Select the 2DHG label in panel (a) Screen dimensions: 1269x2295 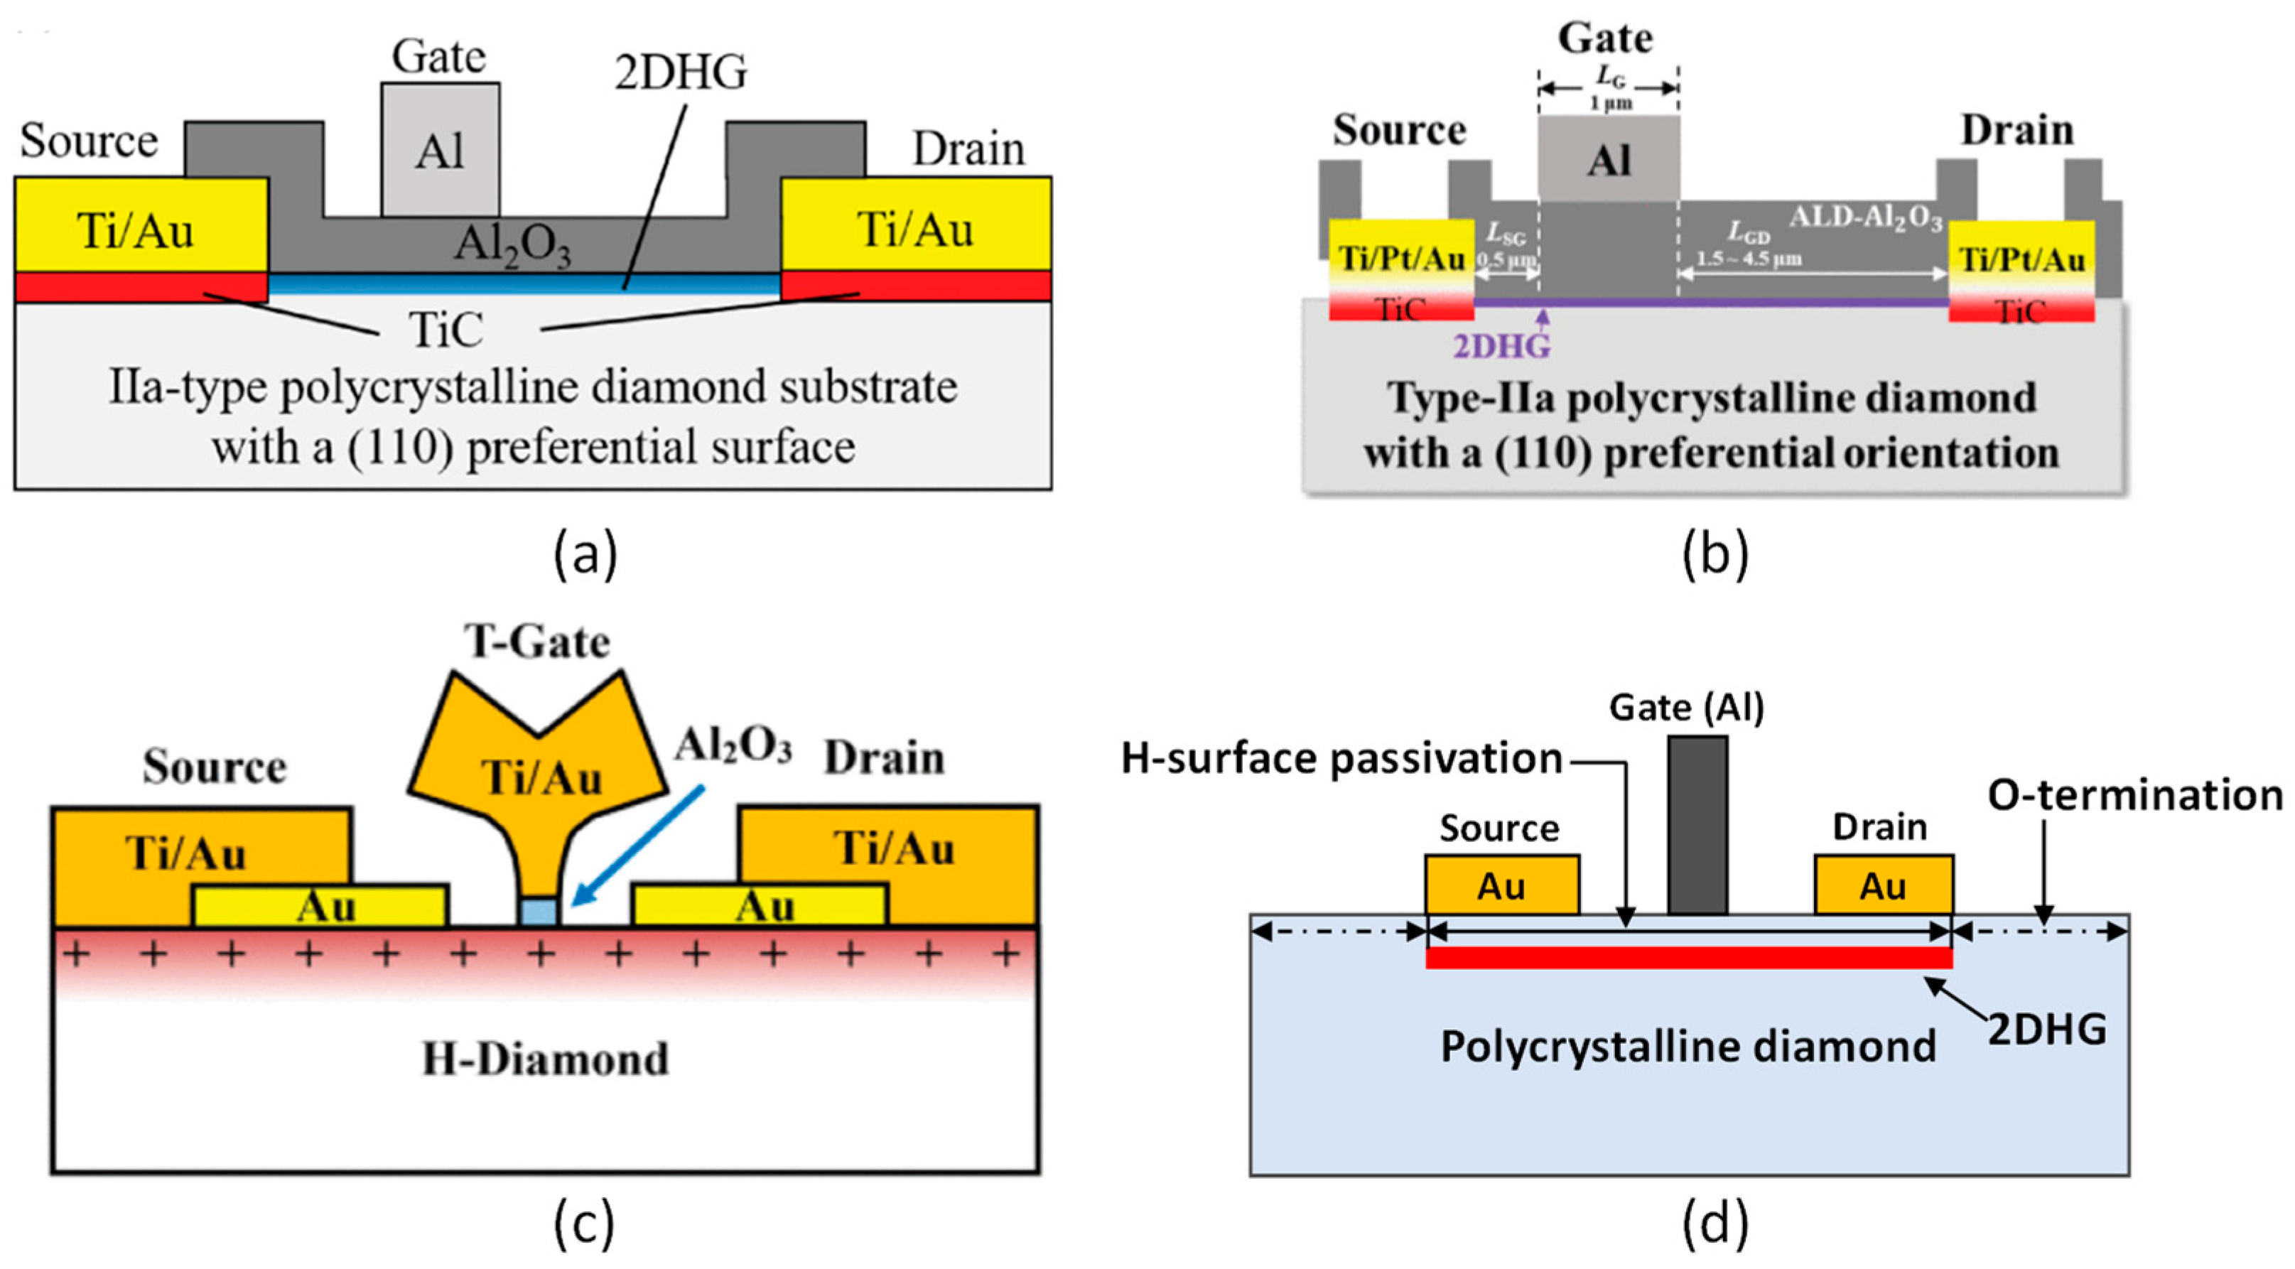(681, 73)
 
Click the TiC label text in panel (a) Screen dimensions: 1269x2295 (445, 330)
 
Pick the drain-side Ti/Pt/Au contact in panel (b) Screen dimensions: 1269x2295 (2021, 260)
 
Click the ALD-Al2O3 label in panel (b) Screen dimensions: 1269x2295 (1866, 217)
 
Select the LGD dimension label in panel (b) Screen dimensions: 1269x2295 (1748, 234)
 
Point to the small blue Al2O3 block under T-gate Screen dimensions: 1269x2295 (538, 912)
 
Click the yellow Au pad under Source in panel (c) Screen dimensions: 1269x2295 (320, 907)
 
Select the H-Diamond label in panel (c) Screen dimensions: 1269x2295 (544, 1059)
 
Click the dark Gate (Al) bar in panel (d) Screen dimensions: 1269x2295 (1697, 824)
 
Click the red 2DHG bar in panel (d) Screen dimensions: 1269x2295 (1688, 958)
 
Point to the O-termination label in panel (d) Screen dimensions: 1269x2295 (2134, 795)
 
